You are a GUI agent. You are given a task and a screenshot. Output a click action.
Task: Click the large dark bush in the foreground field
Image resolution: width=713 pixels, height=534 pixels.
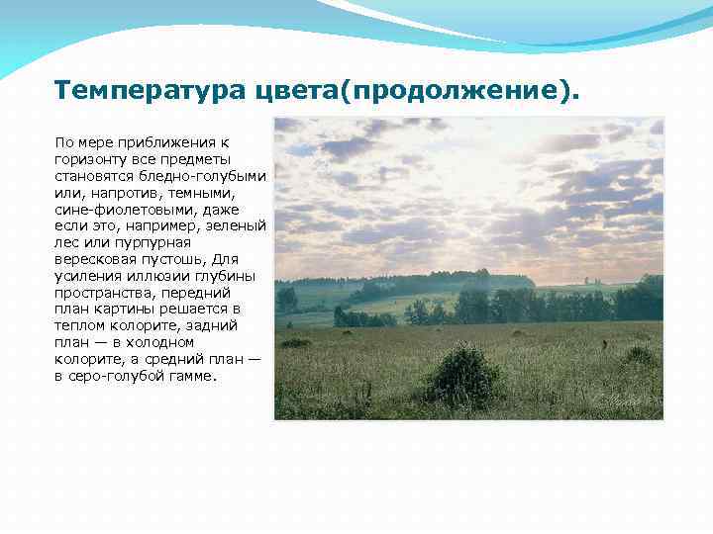(x=462, y=377)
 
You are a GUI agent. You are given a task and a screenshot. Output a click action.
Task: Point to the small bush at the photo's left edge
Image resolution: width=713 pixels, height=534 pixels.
(x=295, y=343)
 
